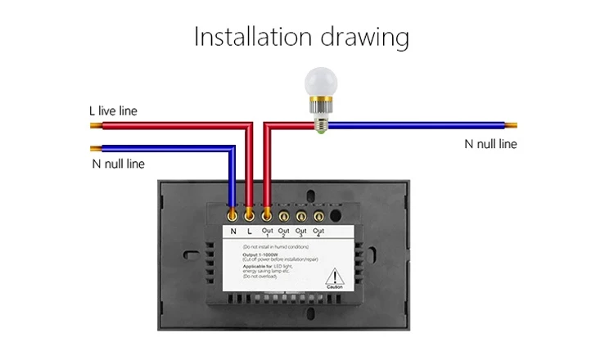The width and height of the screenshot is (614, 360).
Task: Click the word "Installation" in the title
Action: [x=251, y=37]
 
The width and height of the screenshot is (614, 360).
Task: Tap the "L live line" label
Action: [x=114, y=110]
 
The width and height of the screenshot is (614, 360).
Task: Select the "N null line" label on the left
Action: [x=118, y=164]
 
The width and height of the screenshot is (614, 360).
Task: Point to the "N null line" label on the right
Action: [x=490, y=144]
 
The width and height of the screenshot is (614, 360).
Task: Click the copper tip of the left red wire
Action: [x=95, y=126]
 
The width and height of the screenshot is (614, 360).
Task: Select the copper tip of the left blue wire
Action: [x=96, y=149]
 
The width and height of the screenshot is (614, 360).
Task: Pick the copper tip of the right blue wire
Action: [x=512, y=126]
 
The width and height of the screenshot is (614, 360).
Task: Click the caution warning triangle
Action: [x=334, y=277]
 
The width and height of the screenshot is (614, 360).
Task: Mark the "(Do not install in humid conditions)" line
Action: [x=276, y=245]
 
